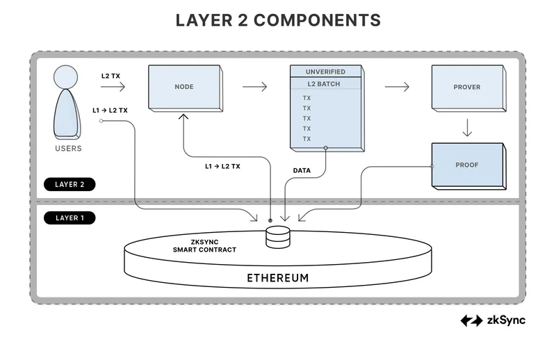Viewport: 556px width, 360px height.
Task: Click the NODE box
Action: coord(184,88)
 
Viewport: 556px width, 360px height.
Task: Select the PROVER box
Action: coord(466,88)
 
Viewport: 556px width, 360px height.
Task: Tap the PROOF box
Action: coord(466,165)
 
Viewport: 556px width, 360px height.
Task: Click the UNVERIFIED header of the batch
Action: coord(326,72)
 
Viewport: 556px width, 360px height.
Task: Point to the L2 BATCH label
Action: coord(326,84)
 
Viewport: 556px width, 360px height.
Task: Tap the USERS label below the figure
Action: coord(68,149)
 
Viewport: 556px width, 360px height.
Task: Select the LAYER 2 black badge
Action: coord(69,185)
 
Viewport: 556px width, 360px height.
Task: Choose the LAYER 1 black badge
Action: coord(69,218)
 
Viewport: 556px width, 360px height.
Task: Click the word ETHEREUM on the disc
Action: coord(278,279)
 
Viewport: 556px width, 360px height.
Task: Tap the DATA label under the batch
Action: coord(302,170)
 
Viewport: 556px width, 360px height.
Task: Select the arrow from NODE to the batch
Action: coord(255,87)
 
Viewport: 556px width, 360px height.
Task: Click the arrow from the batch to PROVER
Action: coord(397,87)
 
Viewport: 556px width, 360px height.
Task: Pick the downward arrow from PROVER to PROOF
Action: coord(467,128)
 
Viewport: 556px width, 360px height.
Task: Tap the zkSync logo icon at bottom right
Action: coord(472,320)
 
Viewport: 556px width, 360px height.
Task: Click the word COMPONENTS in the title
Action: coord(317,20)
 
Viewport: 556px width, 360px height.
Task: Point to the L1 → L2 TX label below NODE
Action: coord(222,167)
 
